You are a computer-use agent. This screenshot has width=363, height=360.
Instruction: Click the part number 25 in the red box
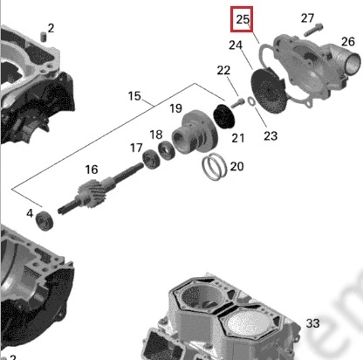point(243,19)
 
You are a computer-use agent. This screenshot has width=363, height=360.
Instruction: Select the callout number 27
point(307,18)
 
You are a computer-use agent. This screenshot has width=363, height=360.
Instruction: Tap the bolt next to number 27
point(313,30)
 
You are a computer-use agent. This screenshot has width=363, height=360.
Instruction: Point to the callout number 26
point(348,42)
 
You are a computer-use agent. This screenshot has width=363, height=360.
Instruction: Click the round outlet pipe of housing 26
point(352,64)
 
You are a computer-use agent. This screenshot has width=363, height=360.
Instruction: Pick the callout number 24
point(236,45)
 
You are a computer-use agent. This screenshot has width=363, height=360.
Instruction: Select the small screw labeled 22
point(238,102)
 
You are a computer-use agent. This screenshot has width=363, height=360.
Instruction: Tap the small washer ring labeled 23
point(251,101)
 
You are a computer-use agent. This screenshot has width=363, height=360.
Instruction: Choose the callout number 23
point(271,135)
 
